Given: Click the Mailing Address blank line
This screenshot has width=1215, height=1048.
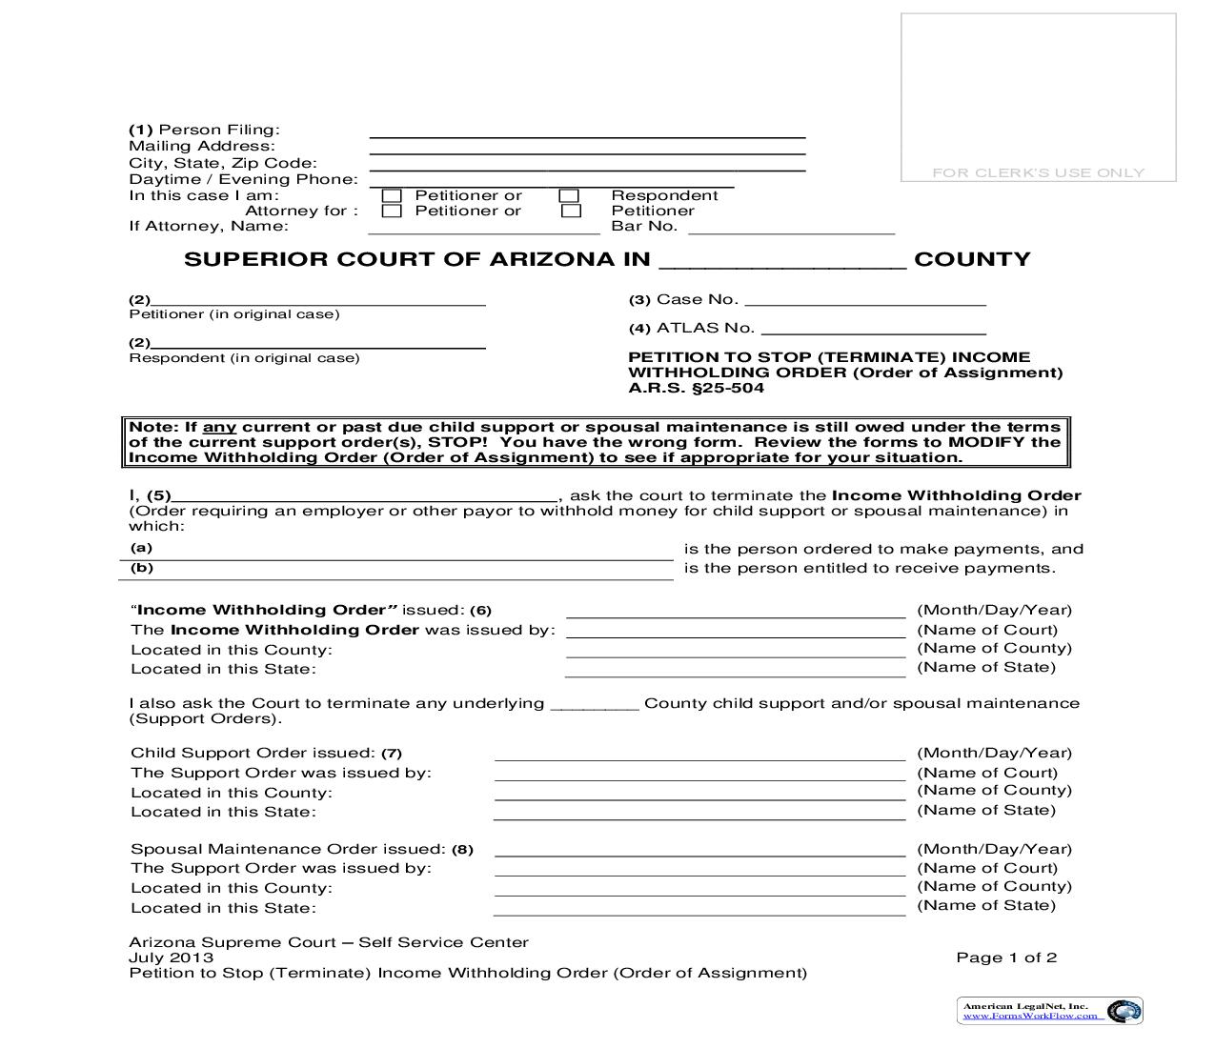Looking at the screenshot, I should [x=587, y=151].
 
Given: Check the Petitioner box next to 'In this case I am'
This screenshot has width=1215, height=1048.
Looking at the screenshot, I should [x=392, y=196].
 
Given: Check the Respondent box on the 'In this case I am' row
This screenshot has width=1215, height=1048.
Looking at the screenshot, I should [x=569, y=196].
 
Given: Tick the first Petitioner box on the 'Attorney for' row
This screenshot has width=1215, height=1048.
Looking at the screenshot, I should [x=392, y=212].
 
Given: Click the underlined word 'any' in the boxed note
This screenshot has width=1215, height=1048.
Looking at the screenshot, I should [x=219, y=427].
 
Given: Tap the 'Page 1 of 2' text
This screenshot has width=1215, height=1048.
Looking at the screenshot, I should [x=1006, y=957].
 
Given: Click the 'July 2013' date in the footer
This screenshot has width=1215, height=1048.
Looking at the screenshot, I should [x=172, y=957].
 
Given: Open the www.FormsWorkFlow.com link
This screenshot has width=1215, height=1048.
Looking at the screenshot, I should [x=1034, y=1016].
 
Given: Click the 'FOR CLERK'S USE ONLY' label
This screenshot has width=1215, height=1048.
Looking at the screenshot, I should [x=1038, y=172].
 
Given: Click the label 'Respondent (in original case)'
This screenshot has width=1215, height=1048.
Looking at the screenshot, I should [x=245, y=358].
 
